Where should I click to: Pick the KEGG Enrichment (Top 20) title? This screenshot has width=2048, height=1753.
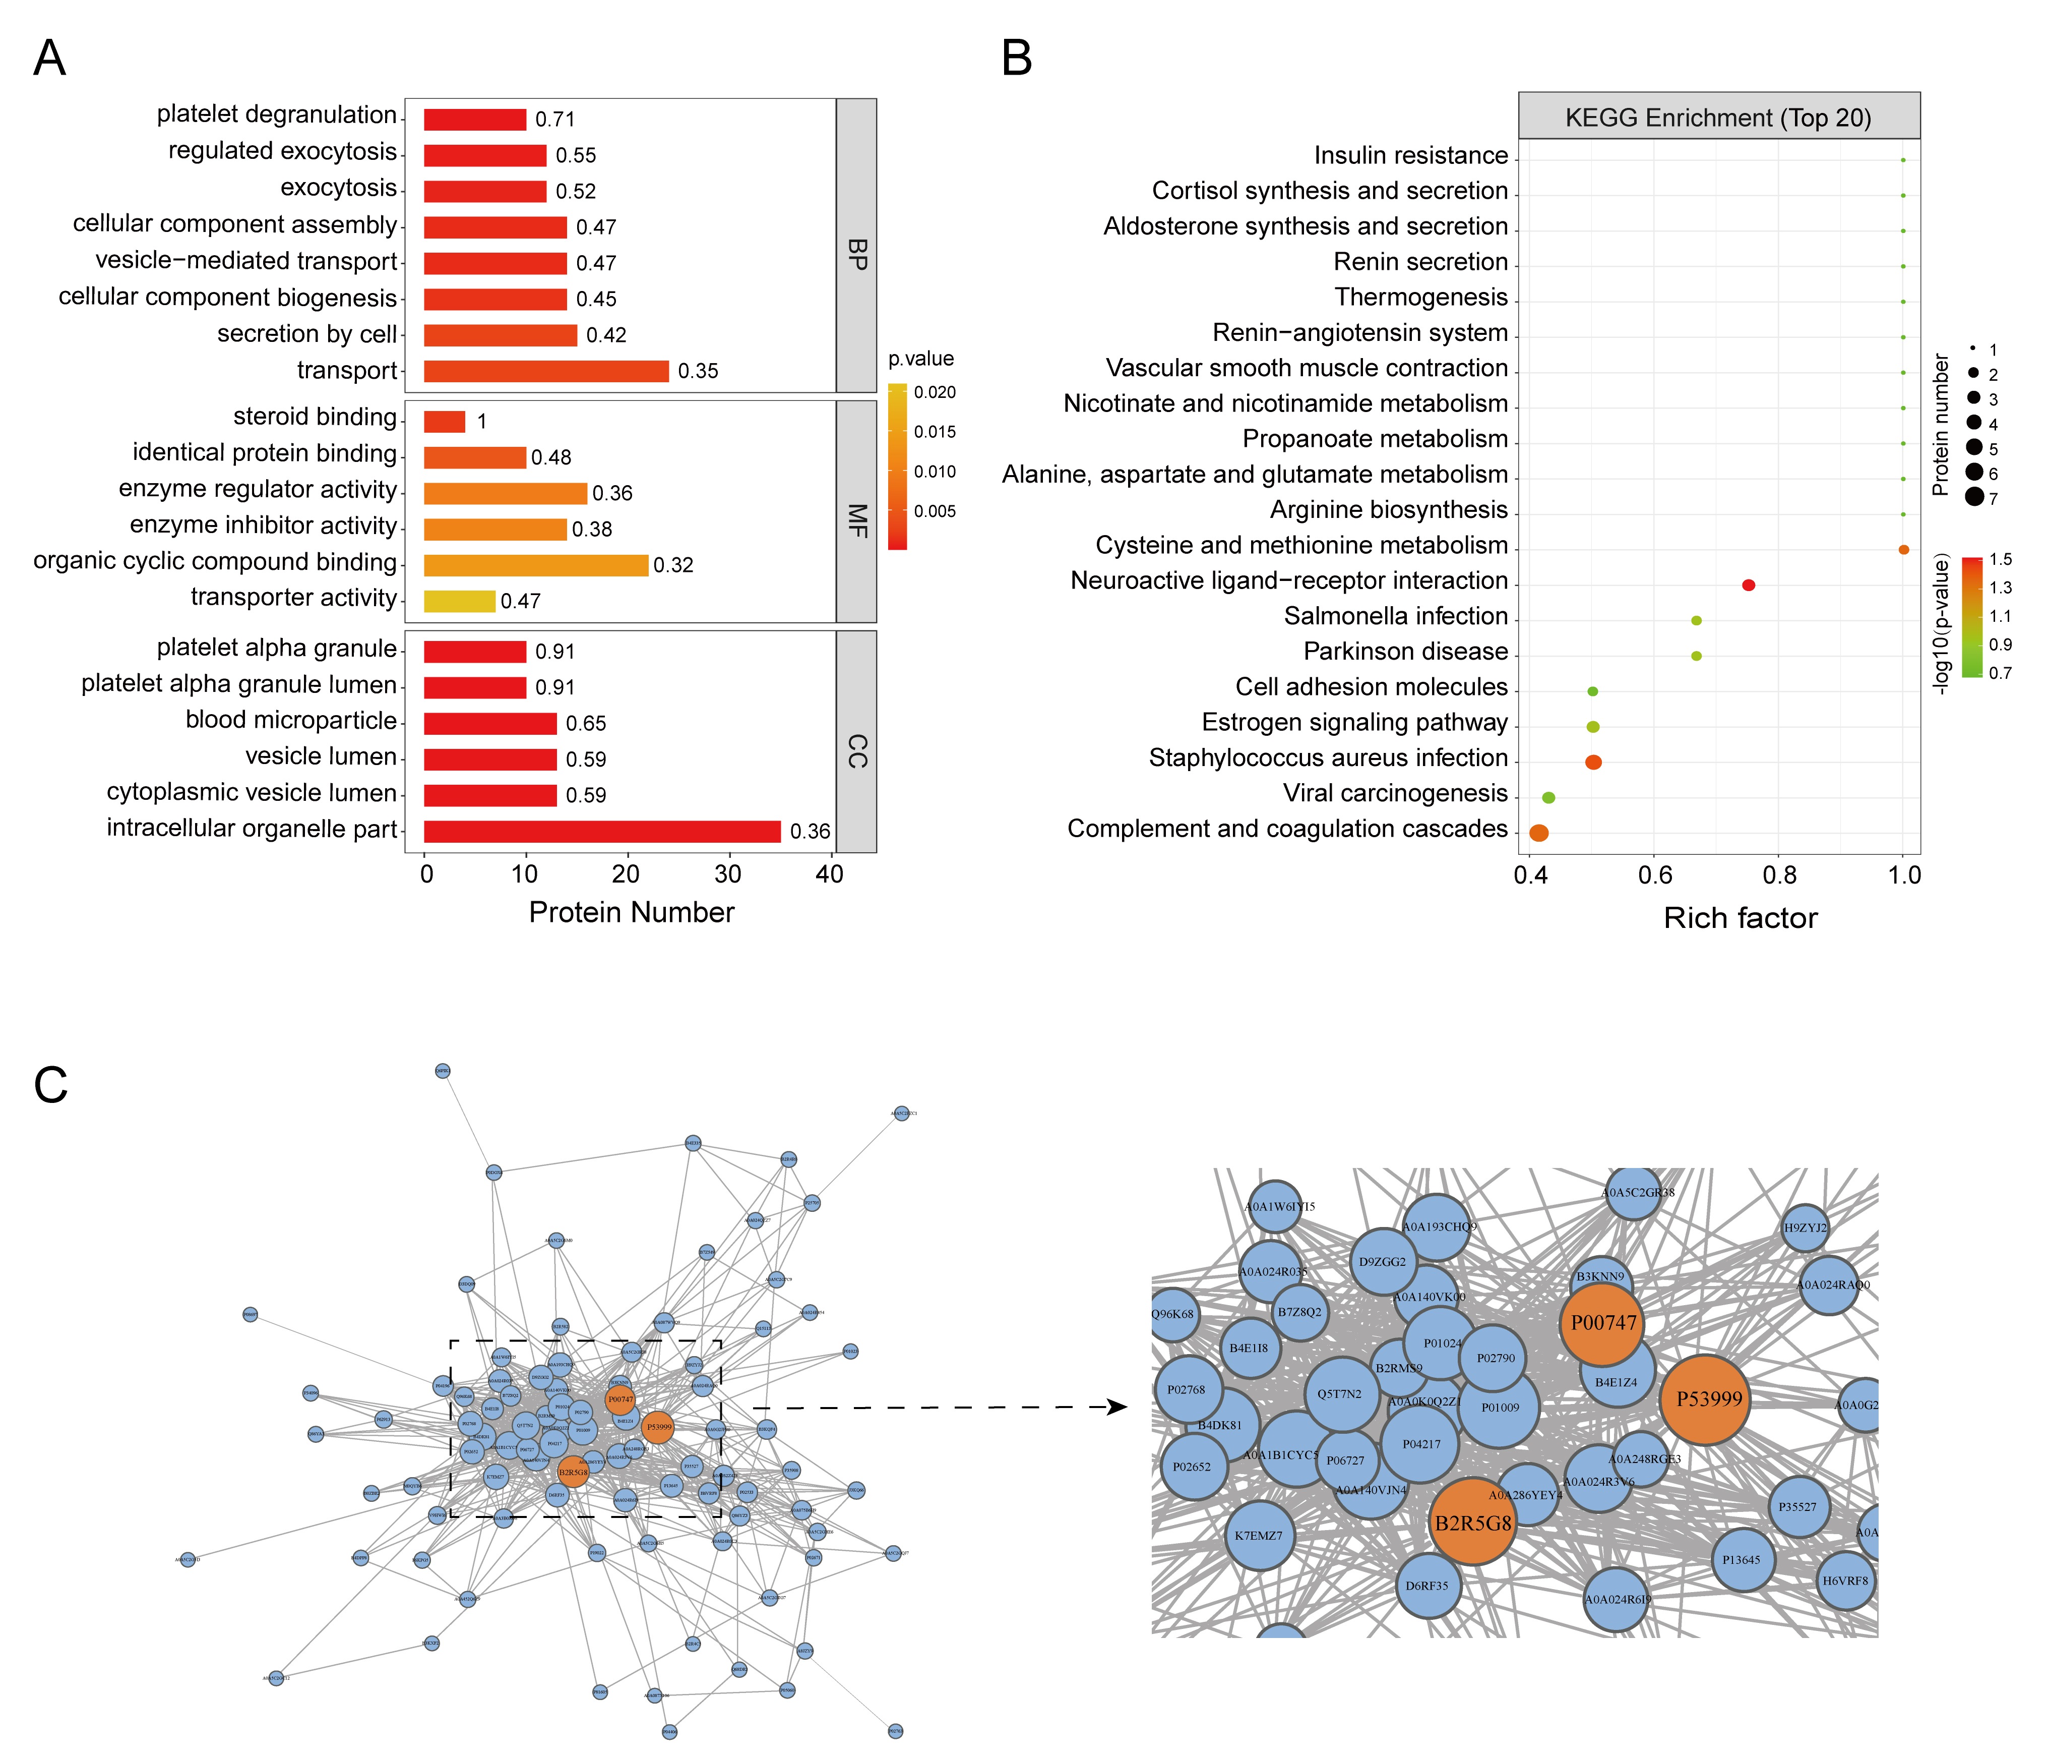[x=1718, y=118]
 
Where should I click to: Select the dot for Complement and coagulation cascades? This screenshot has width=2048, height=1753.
[x=1538, y=834]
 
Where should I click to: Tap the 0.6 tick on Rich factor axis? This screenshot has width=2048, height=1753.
[x=1655, y=875]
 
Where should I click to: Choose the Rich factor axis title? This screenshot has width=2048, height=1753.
[x=1740, y=918]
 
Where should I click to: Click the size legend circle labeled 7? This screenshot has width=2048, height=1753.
[x=1974, y=497]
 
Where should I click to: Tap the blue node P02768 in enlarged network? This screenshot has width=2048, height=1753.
[x=1187, y=1389]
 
